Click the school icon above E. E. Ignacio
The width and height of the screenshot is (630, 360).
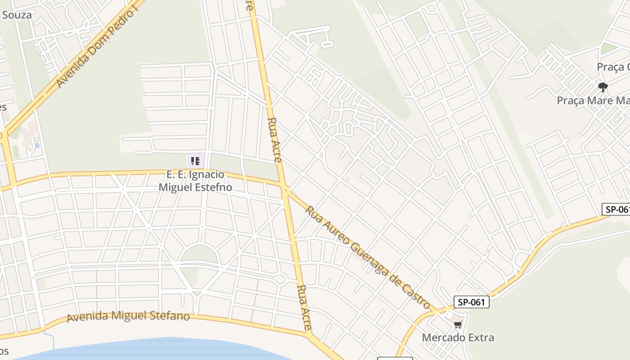[x=195, y=161]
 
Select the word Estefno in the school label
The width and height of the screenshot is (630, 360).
[x=213, y=187]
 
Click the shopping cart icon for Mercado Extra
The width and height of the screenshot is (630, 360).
[x=458, y=324]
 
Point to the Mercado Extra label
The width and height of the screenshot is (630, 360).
[x=458, y=337]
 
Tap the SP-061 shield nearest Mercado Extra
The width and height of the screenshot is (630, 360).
[x=471, y=302]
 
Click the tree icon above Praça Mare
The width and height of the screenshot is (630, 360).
[x=603, y=87]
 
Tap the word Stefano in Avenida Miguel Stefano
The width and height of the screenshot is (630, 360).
[x=167, y=316]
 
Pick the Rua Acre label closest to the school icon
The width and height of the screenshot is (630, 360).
[x=274, y=139]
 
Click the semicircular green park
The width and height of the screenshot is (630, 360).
[x=199, y=254]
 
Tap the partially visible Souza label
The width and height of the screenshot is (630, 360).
[x=17, y=15]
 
